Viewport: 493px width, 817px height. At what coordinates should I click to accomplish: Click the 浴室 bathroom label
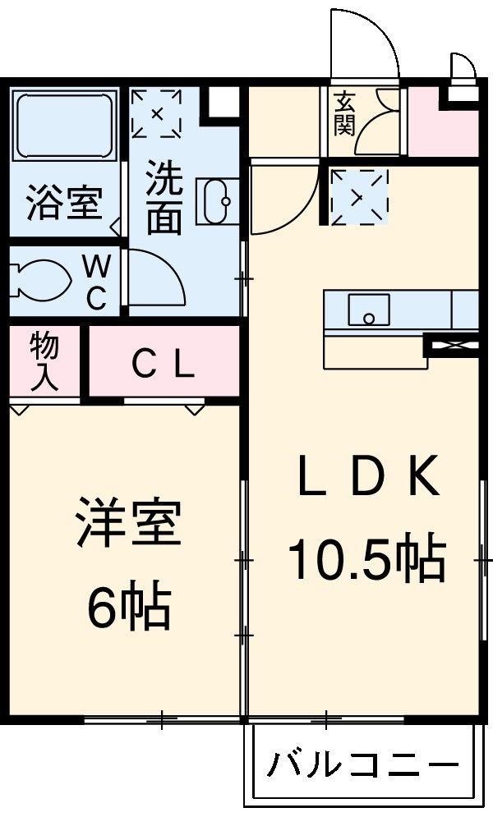[x=63, y=203]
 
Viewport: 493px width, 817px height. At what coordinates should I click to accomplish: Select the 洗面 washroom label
[x=164, y=197]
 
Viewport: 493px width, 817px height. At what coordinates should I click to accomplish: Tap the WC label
[x=97, y=282]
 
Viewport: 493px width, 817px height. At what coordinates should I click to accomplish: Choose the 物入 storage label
[x=44, y=361]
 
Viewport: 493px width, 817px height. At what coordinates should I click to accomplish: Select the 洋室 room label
[x=127, y=523]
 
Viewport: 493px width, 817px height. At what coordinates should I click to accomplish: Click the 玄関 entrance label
[x=344, y=115]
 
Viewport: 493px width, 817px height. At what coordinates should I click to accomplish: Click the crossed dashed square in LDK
[x=358, y=196]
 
